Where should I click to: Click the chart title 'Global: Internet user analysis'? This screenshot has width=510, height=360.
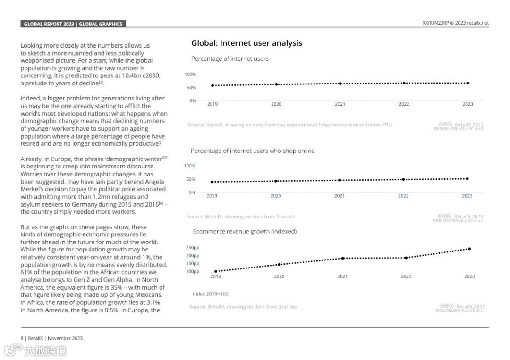click(x=246, y=43)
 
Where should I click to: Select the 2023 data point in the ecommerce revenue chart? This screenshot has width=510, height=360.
click(x=469, y=249)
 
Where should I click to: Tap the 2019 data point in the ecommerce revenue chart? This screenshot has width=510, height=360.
click(x=216, y=271)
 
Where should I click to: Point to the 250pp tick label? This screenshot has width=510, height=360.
click(x=193, y=248)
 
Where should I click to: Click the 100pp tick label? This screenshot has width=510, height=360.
click(x=193, y=271)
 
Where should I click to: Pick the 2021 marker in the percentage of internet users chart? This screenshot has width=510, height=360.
click(x=340, y=84)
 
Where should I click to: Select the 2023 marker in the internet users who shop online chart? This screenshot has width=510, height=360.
click(x=467, y=179)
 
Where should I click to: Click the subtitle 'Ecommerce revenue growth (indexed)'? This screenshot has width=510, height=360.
click(x=245, y=231)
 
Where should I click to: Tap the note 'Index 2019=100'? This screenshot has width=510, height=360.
click(x=210, y=294)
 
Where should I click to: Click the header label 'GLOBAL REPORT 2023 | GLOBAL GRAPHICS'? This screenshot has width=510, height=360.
click(x=73, y=24)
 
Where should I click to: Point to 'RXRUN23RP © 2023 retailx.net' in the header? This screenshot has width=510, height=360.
click(x=455, y=23)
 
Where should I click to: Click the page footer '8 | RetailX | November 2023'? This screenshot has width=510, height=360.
click(x=51, y=338)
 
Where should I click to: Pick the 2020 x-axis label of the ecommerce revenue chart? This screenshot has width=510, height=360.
click(x=279, y=276)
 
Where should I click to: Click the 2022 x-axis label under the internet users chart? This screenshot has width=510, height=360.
click(x=404, y=104)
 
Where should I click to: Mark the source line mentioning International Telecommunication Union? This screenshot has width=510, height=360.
click(x=289, y=125)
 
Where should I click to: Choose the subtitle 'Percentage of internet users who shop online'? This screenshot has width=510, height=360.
click(x=253, y=151)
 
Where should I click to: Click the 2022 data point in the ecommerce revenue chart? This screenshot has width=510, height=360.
click(x=406, y=258)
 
